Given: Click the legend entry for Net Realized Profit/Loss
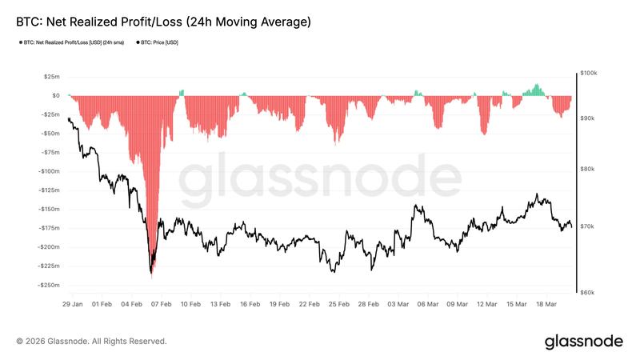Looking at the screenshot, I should pyautogui.click(x=70, y=42).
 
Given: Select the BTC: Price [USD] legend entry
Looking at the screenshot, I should pyautogui.click(x=159, y=42).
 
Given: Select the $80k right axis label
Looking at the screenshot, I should pyautogui.click(x=590, y=170).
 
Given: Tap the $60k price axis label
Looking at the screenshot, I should pyautogui.click(x=590, y=293).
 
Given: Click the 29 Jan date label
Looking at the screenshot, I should pyautogui.click(x=73, y=304).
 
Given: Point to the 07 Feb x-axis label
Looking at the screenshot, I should pyautogui.click(x=161, y=304).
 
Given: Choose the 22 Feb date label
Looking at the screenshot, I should pyautogui.click(x=309, y=304).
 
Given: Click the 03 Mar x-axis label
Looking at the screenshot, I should pyautogui.click(x=398, y=304).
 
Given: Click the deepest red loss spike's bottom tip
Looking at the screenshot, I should pyautogui.click(x=151, y=275).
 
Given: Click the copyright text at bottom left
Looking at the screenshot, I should pyautogui.click(x=91, y=342).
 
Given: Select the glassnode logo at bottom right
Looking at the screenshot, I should pyautogui.click(x=583, y=342).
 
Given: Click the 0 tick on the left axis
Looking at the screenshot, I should pyautogui.click(x=54, y=95).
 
